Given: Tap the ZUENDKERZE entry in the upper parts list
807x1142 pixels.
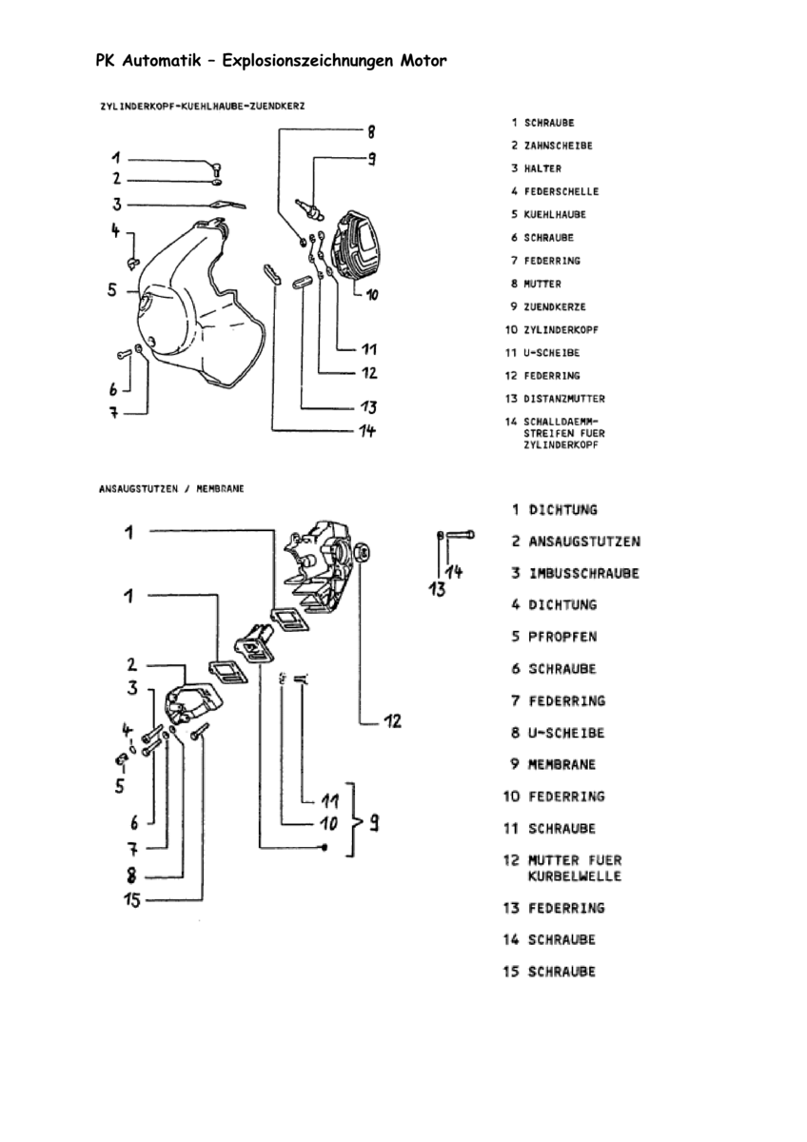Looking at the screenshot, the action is pos(555,306).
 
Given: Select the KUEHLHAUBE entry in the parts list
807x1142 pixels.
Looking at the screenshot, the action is pos(555,215).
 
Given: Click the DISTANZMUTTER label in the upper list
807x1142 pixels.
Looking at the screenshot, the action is pos(564,399).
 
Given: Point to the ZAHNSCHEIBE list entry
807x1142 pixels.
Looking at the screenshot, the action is pos(559,146).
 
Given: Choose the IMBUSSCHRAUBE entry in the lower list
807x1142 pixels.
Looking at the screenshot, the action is pos(583,574).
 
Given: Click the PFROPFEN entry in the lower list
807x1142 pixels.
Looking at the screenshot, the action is pos(562,638).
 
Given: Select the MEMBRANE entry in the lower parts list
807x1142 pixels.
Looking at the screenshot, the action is pos(561,765).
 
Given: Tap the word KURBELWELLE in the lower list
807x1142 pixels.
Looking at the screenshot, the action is pos(575,876).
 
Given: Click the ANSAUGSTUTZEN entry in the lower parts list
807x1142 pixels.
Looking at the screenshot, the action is pos(584,541).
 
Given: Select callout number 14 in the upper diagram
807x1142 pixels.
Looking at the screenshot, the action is pos(367,431).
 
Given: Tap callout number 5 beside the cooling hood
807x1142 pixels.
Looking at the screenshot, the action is pos(112,290).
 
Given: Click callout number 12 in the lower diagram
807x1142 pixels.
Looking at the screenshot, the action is pos(392,721).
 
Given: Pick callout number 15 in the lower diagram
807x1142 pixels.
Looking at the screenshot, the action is pos(132,900).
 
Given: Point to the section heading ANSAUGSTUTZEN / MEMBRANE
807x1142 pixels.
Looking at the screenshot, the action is pos(171,489).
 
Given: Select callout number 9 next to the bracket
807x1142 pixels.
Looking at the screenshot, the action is pos(374,824).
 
